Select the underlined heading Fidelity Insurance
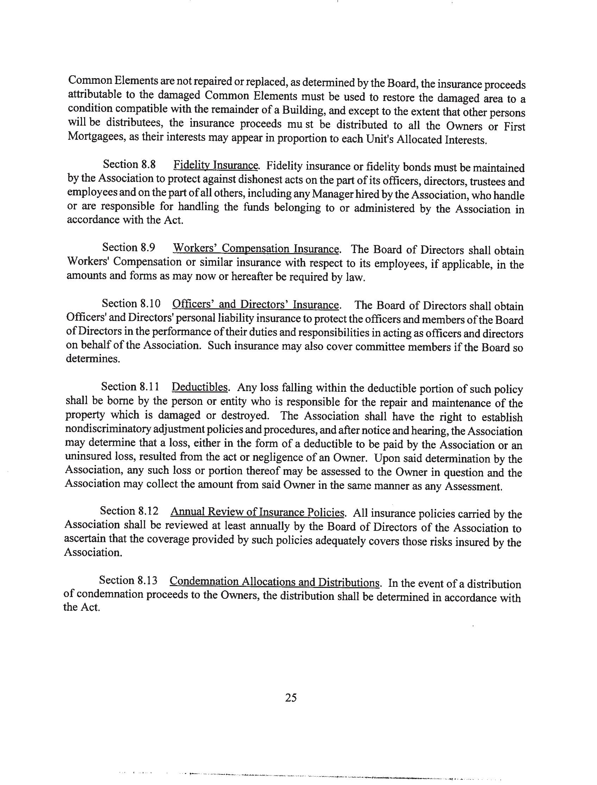click(x=215, y=165)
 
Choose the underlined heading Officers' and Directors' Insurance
click(x=255, y=305)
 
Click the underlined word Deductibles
click(x=199, y=387)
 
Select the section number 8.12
click(x=146, y=511)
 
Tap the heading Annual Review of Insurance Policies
click(x=257, y=512)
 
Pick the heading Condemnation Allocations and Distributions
click(x=275, y=582)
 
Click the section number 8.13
click(x=146, y=580)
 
